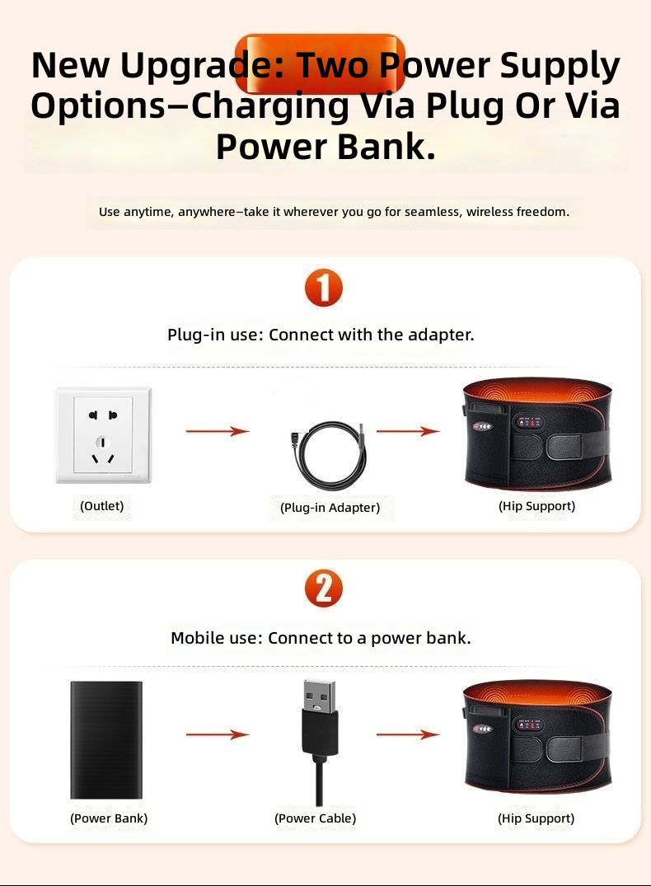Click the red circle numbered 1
point(324,288)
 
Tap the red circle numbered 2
point(324,588)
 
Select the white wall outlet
point(103,435)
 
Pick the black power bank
point(106,739)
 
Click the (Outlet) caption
point(101,506)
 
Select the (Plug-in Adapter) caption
point(330,508)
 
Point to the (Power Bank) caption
point(109,818)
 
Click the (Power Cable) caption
point(316,818)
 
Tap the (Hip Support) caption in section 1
point(536,506)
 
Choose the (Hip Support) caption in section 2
point(536,818)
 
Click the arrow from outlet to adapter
point(218,431)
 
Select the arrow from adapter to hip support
point(408,431)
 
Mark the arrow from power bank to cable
point(218,734)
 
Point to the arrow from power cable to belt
point(408,734)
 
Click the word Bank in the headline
point(386,146)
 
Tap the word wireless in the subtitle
point(489,212)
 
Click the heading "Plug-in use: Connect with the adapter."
point(321,335)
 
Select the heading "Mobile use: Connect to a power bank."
point(321,638)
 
